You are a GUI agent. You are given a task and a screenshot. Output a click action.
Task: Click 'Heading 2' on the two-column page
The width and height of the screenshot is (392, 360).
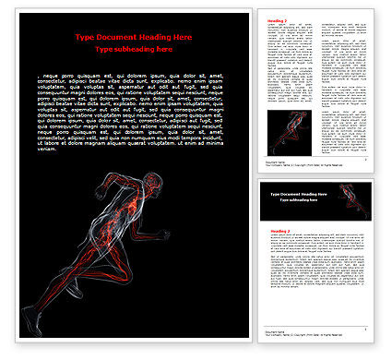coord(276,19)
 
